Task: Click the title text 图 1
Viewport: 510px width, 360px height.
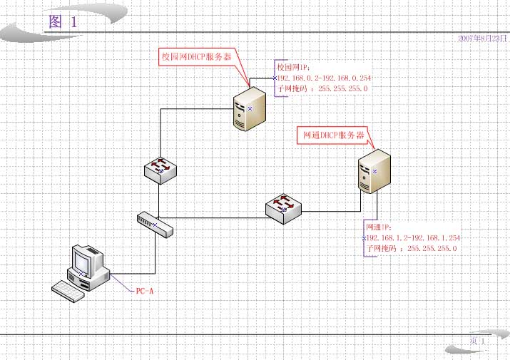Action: tap(62, 22)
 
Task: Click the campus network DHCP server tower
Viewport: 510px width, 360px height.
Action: tap(250, 106)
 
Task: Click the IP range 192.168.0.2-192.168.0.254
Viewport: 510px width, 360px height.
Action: tap(324, 78)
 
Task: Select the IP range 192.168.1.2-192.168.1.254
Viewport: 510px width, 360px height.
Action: tap(413, 237)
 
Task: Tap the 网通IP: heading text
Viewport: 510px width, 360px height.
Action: tap(378, 227)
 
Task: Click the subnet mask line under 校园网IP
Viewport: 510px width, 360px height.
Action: tap(322, 88)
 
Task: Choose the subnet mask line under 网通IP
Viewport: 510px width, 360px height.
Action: tap(411, 248)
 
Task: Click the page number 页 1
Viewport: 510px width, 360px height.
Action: tap(477, 342)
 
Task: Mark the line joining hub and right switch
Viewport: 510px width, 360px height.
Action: tap(214, 217)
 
